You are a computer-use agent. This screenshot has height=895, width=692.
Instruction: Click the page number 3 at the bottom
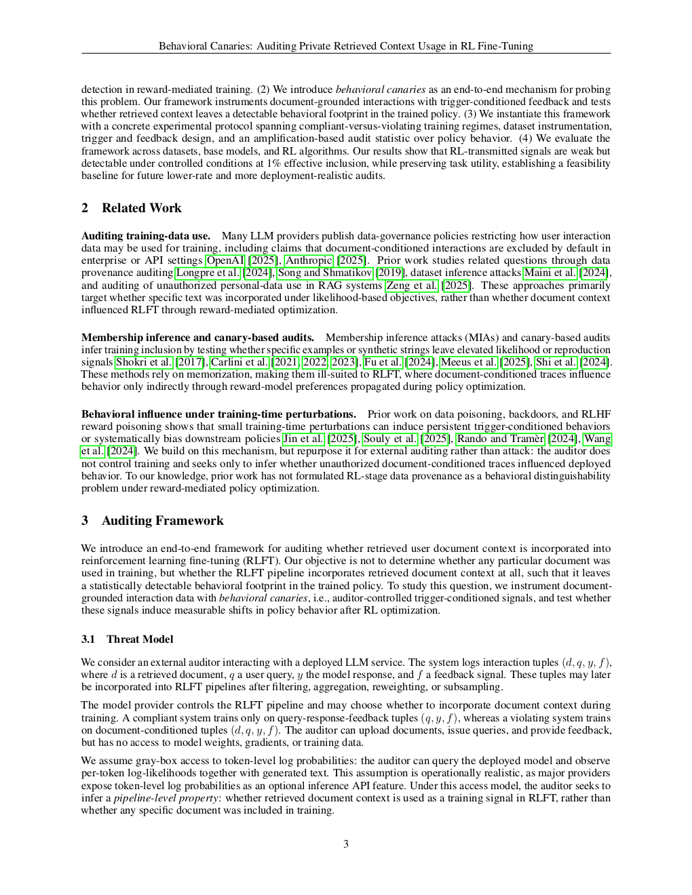pyautogui.click(x=346, y=844)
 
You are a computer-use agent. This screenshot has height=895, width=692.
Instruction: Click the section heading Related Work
pyautogui.click(x=141, y=208)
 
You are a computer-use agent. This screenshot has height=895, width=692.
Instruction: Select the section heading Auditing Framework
pyautogui.click(x=162, y=521)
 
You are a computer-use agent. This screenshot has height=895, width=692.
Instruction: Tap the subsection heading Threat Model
pyautogui.click(x=139, y=639)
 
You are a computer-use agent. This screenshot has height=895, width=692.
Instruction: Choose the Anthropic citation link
pyautogui.click(x=309, y=260)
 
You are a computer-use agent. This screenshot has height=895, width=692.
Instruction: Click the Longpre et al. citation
pyautogui.click(x=208, y=273)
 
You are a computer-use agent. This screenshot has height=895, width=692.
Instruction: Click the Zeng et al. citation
pyautogui.click(x=412, y=285)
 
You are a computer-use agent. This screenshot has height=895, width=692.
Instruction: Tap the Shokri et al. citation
pyautogui.click(x=144, y=362)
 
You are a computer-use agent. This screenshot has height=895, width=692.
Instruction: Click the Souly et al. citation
pyautogui.click(x=390, y=439)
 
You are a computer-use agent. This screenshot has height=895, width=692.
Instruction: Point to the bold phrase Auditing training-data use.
pyautogui.click(x=145, y=236)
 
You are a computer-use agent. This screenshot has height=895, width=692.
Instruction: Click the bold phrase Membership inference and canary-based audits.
pyautogui.click(x=197, y=338)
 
